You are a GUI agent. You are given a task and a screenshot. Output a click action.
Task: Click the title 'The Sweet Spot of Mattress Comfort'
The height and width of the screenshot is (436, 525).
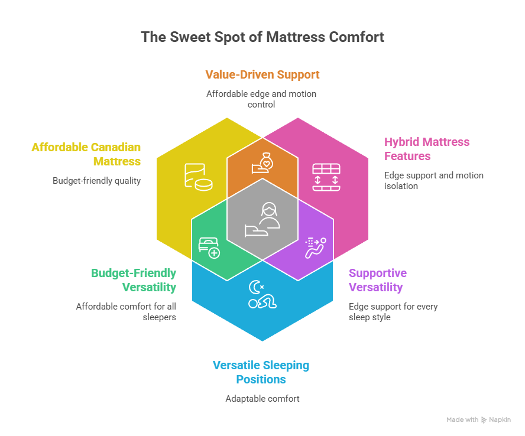(x=262, y=37)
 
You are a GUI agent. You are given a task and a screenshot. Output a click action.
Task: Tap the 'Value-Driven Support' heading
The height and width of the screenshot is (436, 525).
(x=262, y=75)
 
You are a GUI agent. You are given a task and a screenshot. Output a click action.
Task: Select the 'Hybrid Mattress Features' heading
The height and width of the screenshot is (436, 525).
(x=427, y=149)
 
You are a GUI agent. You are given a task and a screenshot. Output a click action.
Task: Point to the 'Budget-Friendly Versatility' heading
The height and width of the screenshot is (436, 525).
(x=134, y=280)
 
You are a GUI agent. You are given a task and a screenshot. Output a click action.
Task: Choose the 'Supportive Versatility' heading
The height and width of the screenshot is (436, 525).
(x=377, y=280)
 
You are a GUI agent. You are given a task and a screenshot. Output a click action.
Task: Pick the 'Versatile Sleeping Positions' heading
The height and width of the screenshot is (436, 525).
(x=261, y=372)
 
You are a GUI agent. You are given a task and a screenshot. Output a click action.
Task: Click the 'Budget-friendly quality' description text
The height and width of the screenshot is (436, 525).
(x=96, y=181)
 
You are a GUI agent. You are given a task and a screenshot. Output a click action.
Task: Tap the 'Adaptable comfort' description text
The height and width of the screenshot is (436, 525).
(x=262, y=399)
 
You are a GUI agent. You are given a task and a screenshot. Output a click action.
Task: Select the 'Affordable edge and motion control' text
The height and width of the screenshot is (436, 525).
(x=262, y=99)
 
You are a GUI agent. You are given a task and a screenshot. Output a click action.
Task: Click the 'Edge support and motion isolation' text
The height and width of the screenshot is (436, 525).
(x=433, y=181)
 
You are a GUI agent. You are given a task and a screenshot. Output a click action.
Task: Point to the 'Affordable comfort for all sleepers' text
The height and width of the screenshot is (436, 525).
(x=126, y=311)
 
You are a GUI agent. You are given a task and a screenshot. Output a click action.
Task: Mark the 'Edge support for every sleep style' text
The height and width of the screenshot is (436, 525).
(x=393, y=311)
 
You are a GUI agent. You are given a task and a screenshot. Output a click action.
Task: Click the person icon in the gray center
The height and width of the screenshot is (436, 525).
(x=262, y=219)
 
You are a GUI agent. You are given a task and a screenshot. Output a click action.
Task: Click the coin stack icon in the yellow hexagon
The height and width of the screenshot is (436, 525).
(x=198, y=177)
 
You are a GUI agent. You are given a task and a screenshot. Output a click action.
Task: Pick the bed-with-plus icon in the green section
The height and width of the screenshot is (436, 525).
(x=209, y=248)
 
